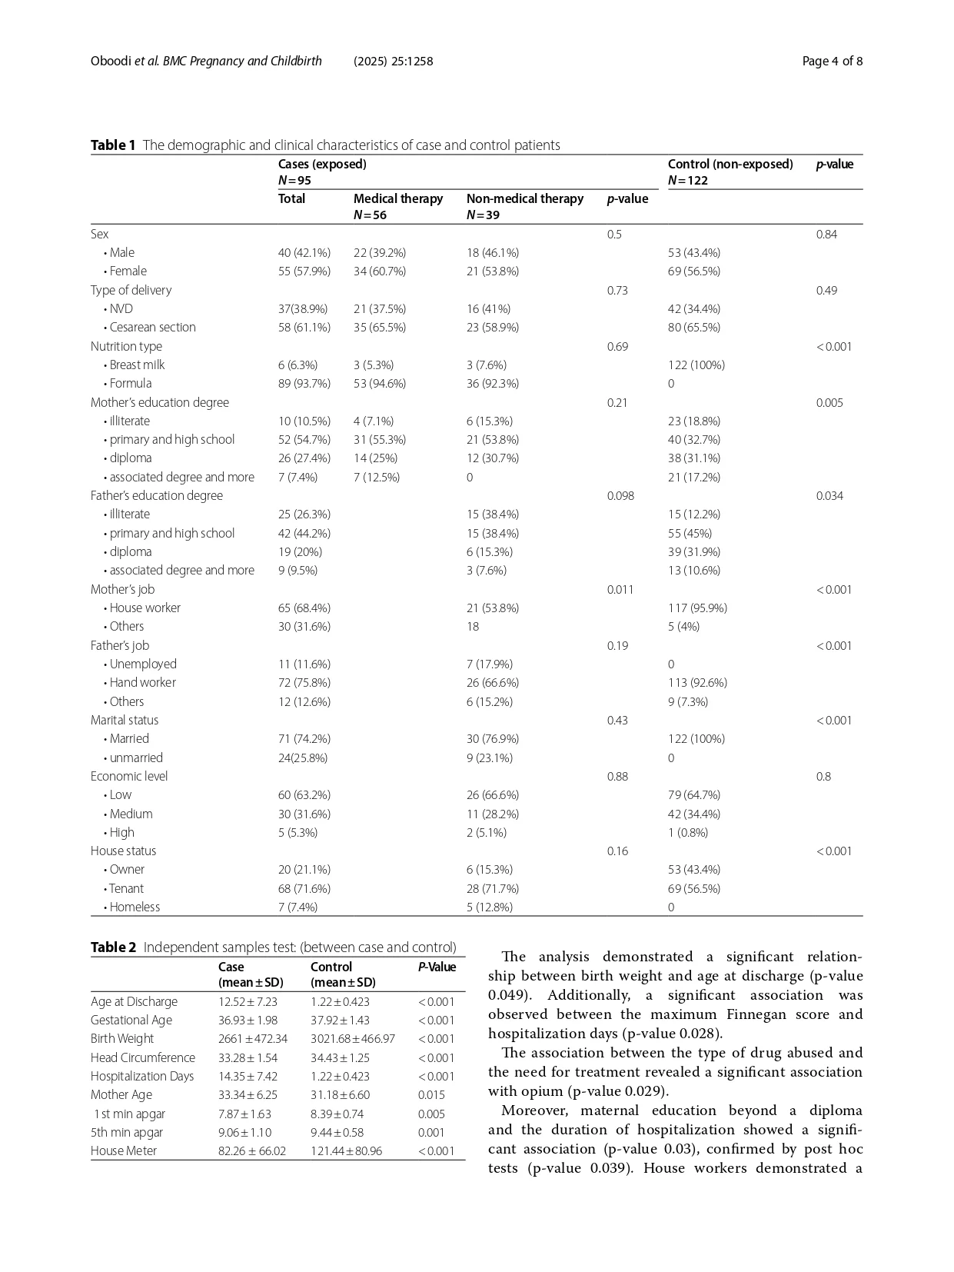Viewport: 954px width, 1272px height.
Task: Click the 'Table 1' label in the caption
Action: click(x=113, y=145)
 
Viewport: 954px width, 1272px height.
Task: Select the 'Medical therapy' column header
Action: click(x=398, y=199)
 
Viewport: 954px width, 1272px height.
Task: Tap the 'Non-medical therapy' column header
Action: click(x=525, y=199)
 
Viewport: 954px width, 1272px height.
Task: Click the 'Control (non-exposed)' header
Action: click(x=730, y=165)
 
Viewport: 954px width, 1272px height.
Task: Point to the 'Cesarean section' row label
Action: click(x=152, y=328)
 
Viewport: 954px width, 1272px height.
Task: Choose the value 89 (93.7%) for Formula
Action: click(x=304, y=384)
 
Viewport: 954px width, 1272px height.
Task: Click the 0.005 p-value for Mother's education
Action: click(x=829, y=403)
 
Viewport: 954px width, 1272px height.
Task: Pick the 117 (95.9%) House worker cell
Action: click(x=697, y=608)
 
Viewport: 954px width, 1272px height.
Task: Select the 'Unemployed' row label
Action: click(x=143, y=664)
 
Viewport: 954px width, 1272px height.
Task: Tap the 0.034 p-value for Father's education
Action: click(x=829, y=496)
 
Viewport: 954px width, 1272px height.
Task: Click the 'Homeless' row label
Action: click(x=135, y=907)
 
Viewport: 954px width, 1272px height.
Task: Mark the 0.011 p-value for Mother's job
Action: click(x=620, y=590)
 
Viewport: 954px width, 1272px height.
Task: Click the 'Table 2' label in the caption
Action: click(x=113, y=947)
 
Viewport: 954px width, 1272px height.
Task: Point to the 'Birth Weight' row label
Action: click(x=122, y=1039)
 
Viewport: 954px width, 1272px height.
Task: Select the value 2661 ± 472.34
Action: click(x=253, y=1039)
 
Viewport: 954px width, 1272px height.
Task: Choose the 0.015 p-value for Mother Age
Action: click(x=431, y=1095)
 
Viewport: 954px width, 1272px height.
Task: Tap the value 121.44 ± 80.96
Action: click(x=346, y=1151)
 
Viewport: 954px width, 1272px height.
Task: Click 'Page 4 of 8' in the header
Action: click(x=832, y=62)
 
